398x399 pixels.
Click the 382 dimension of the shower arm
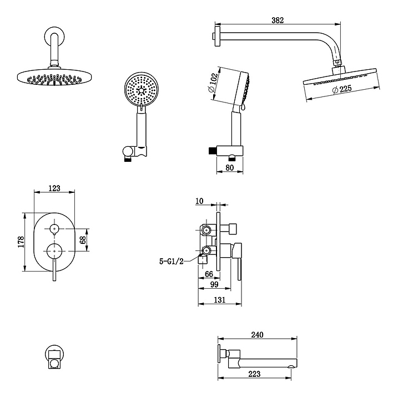(278, 21)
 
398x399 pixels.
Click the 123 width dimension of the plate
(54, 188)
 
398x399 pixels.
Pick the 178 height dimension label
(21, 242)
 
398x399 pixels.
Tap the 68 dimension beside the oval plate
(83, 241)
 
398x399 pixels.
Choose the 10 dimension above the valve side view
(200, 201)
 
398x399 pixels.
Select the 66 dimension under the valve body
(209, 274)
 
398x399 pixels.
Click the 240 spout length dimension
(256, 334)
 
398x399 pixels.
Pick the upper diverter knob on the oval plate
(54, 228)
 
